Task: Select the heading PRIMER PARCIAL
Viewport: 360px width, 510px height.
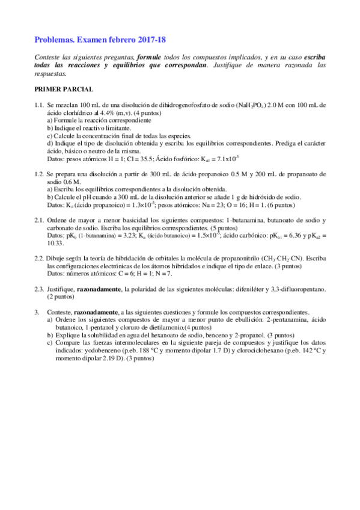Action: click(64, 89)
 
